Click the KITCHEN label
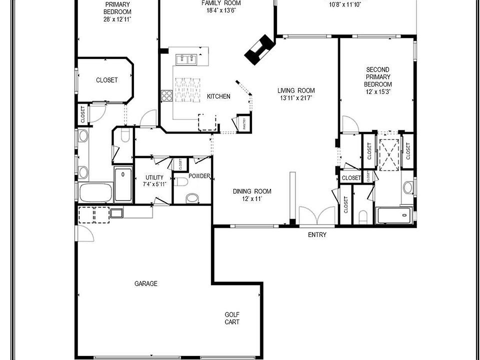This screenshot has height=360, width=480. (218, 96)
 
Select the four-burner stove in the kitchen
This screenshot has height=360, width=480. (166, 95)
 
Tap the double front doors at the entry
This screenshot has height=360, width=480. (317, 216)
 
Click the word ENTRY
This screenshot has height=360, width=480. (317, 235)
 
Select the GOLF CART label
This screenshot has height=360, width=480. (231, 318)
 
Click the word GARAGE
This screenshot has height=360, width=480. (146, 283)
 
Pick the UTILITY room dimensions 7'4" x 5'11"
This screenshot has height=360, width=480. (154, 184)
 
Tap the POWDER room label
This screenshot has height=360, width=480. (199, 176)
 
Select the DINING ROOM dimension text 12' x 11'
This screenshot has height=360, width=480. (251, 198)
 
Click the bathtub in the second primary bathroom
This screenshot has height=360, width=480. (393, 215)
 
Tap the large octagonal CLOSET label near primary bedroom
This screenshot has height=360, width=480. (107, 80)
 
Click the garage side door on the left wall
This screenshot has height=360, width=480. (84, 233)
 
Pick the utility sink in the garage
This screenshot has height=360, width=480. (116, 213)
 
